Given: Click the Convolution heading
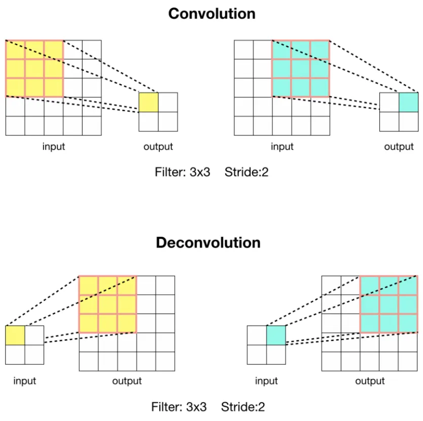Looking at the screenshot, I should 211,13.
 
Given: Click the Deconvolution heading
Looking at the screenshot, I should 208,242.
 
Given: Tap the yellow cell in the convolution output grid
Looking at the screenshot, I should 149,102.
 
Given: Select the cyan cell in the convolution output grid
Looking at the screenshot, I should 408,102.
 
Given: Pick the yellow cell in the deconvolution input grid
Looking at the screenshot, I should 15,335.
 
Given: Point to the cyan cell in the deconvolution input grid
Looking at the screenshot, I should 276,335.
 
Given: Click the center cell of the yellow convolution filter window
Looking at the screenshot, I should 34,68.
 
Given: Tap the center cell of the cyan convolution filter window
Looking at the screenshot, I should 301,68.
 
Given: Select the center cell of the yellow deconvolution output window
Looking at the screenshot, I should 108,304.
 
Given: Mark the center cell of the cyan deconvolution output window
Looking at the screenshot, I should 389,304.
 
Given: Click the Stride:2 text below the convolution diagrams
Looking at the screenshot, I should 246,172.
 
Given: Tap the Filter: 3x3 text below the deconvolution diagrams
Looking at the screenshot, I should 179,407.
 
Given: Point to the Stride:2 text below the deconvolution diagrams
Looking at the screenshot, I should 242,407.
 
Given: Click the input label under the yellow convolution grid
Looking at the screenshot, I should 54,147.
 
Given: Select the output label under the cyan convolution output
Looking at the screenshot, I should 399,147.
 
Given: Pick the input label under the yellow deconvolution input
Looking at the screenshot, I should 25,381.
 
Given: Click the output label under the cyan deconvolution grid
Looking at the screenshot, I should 370,381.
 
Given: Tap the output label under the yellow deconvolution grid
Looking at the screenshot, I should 127,381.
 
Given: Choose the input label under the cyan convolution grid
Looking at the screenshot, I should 282,147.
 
